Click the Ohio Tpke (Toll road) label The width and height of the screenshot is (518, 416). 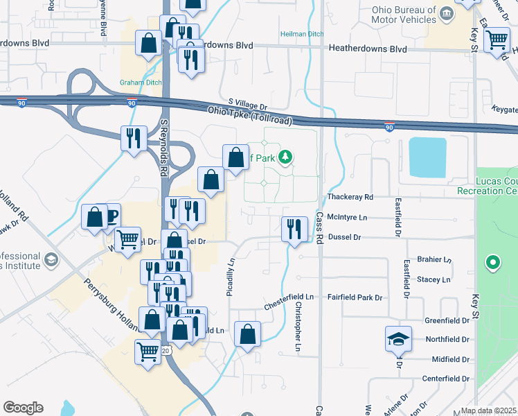pyautogui.click(x=250, y=115)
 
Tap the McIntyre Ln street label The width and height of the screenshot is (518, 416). pyautogui.click(x=347, y=217)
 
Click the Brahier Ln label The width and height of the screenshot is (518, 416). pyautogui.click(x=433, y=259)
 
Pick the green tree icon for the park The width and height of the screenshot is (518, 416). pyautogui.click(x=284, y=157)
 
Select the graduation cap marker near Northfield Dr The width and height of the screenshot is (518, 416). pyautogui.click(x=398, y=338)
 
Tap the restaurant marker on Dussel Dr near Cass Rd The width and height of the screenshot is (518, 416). pyautogui.click(x=295, y=228)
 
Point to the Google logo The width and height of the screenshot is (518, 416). pyautogui.click(x=23, y=408)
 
